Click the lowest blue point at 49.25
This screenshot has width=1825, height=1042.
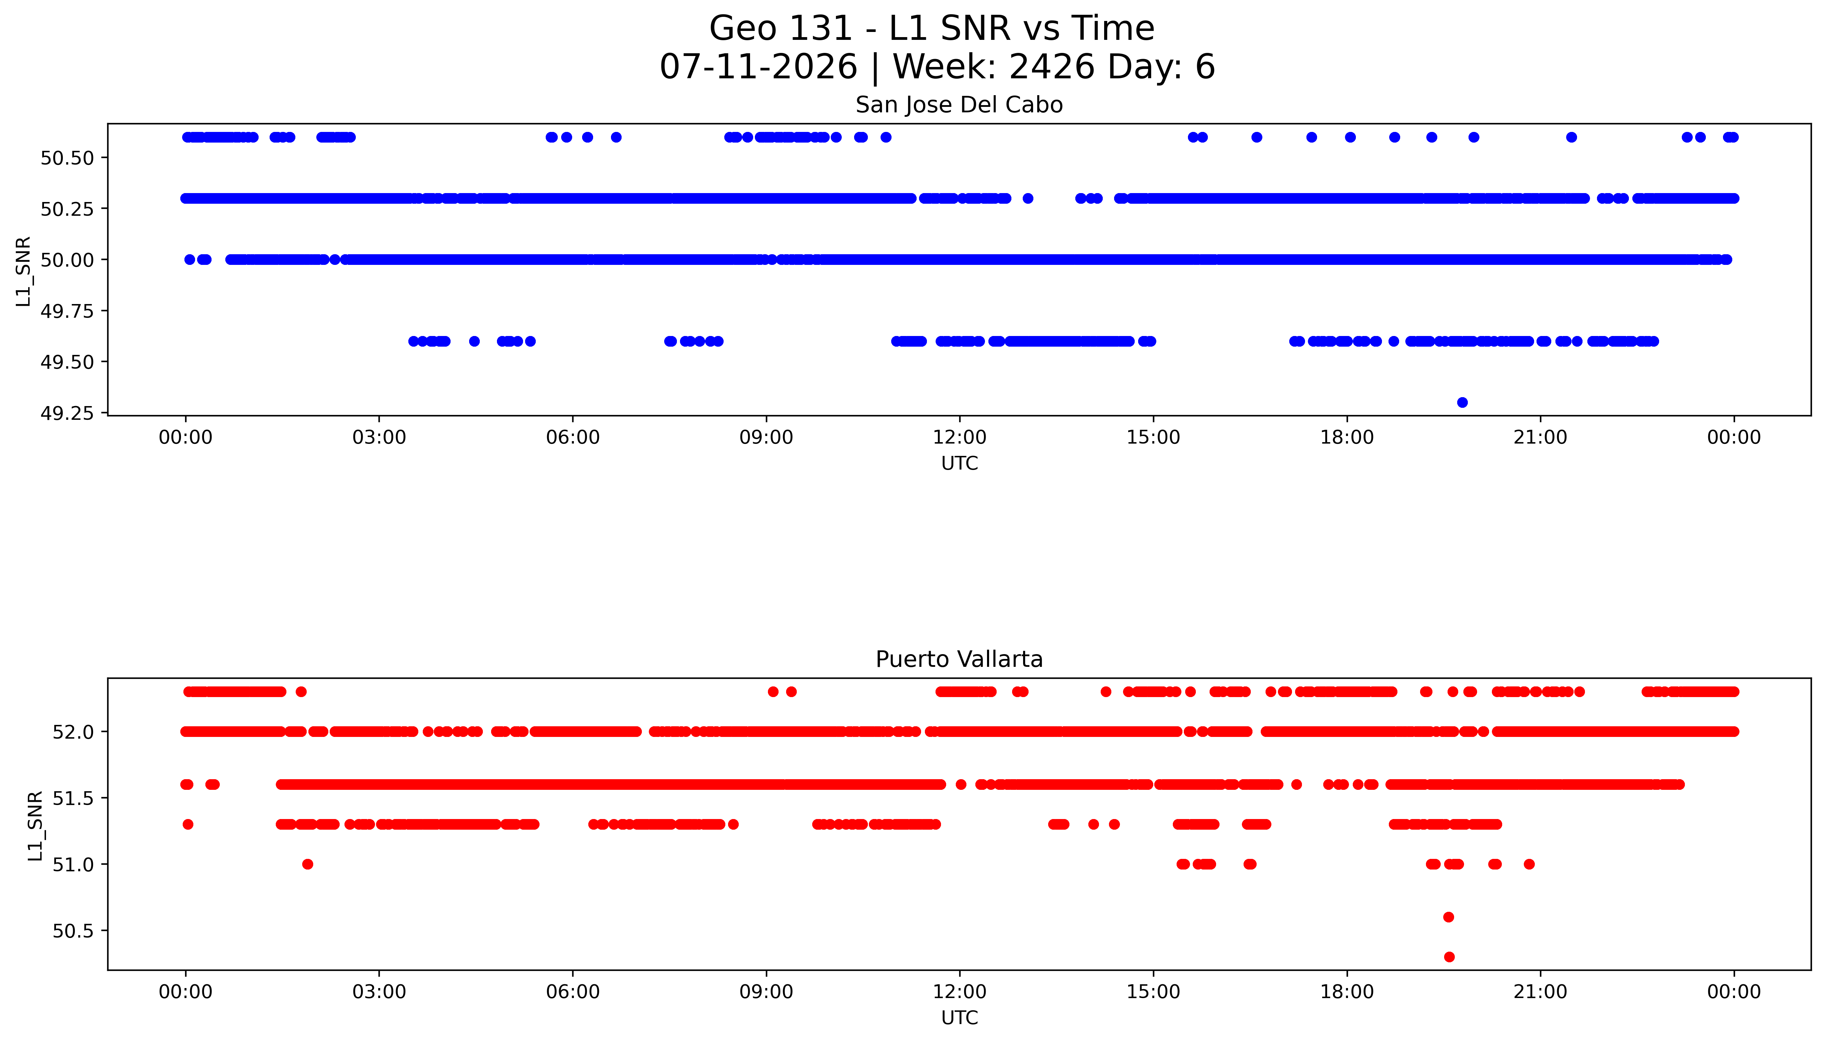tap(1462, 402)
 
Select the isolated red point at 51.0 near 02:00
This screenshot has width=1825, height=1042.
tap(308, 864)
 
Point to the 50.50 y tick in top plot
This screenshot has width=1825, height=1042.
tap(67, 157)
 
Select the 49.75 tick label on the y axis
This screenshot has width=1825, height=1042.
tap(67, 311)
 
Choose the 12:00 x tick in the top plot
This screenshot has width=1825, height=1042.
tap(959, 437)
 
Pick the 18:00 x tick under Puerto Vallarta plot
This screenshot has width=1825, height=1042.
tap(1347, 992)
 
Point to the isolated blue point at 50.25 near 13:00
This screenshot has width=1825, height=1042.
tap(1028, 198)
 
